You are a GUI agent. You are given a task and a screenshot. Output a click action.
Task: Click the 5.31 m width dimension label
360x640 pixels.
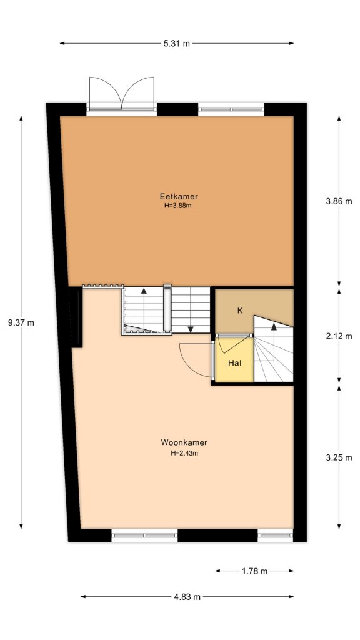tap(177, 43)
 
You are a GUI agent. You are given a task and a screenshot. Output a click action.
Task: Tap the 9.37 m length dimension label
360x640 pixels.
tap(21, 322)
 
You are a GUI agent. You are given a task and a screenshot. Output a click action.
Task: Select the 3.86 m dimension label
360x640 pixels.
tap(339, 201)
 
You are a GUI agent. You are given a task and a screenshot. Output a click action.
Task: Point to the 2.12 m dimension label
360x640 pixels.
tap(339, 336)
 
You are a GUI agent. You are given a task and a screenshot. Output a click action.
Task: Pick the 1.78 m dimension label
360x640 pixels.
tap(254, 571)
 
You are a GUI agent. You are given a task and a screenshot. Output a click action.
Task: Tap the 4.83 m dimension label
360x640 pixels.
tap(187, 597)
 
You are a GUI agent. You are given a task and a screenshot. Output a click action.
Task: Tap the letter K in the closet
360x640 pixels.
tap(239, 310)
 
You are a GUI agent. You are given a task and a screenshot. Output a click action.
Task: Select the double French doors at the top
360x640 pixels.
tap(121, 94)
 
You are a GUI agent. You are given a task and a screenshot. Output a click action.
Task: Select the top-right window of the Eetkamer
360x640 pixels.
tap(231, 109)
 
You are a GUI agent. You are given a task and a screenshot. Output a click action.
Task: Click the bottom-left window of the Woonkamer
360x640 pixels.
tap(144, 535)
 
